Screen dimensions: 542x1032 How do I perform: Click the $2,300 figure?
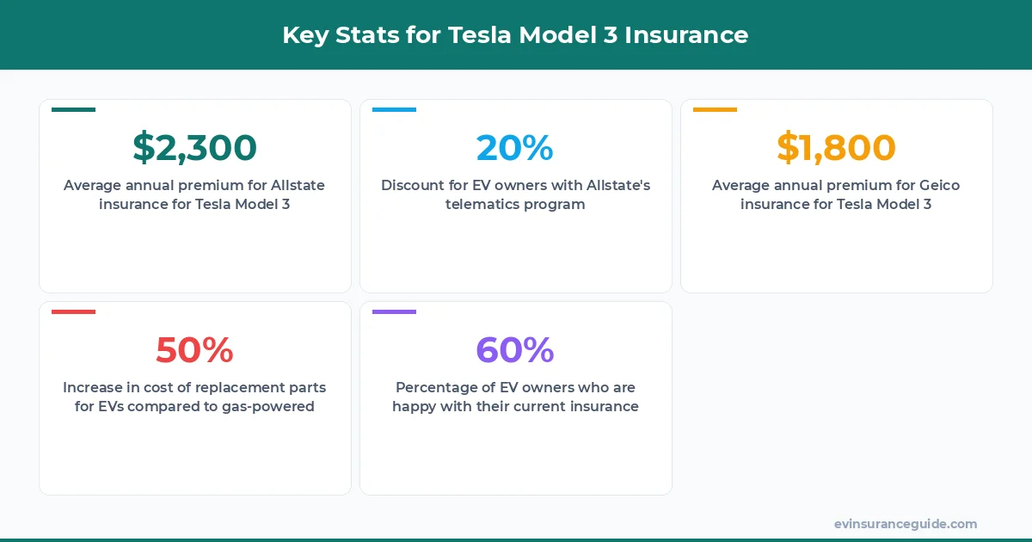194,147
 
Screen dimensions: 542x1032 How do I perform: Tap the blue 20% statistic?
514,147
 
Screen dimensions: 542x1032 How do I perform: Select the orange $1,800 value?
836,147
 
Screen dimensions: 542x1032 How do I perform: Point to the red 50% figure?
194,349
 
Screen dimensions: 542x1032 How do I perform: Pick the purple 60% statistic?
514,349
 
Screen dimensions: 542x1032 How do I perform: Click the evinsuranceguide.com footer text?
905,523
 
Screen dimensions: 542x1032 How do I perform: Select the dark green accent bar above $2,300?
73,109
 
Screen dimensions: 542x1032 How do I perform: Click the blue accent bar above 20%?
394,109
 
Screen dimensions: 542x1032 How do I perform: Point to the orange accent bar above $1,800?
715,109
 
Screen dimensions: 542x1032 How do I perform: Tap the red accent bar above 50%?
73,311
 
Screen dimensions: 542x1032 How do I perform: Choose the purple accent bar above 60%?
394,311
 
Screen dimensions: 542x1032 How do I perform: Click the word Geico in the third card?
939,185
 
